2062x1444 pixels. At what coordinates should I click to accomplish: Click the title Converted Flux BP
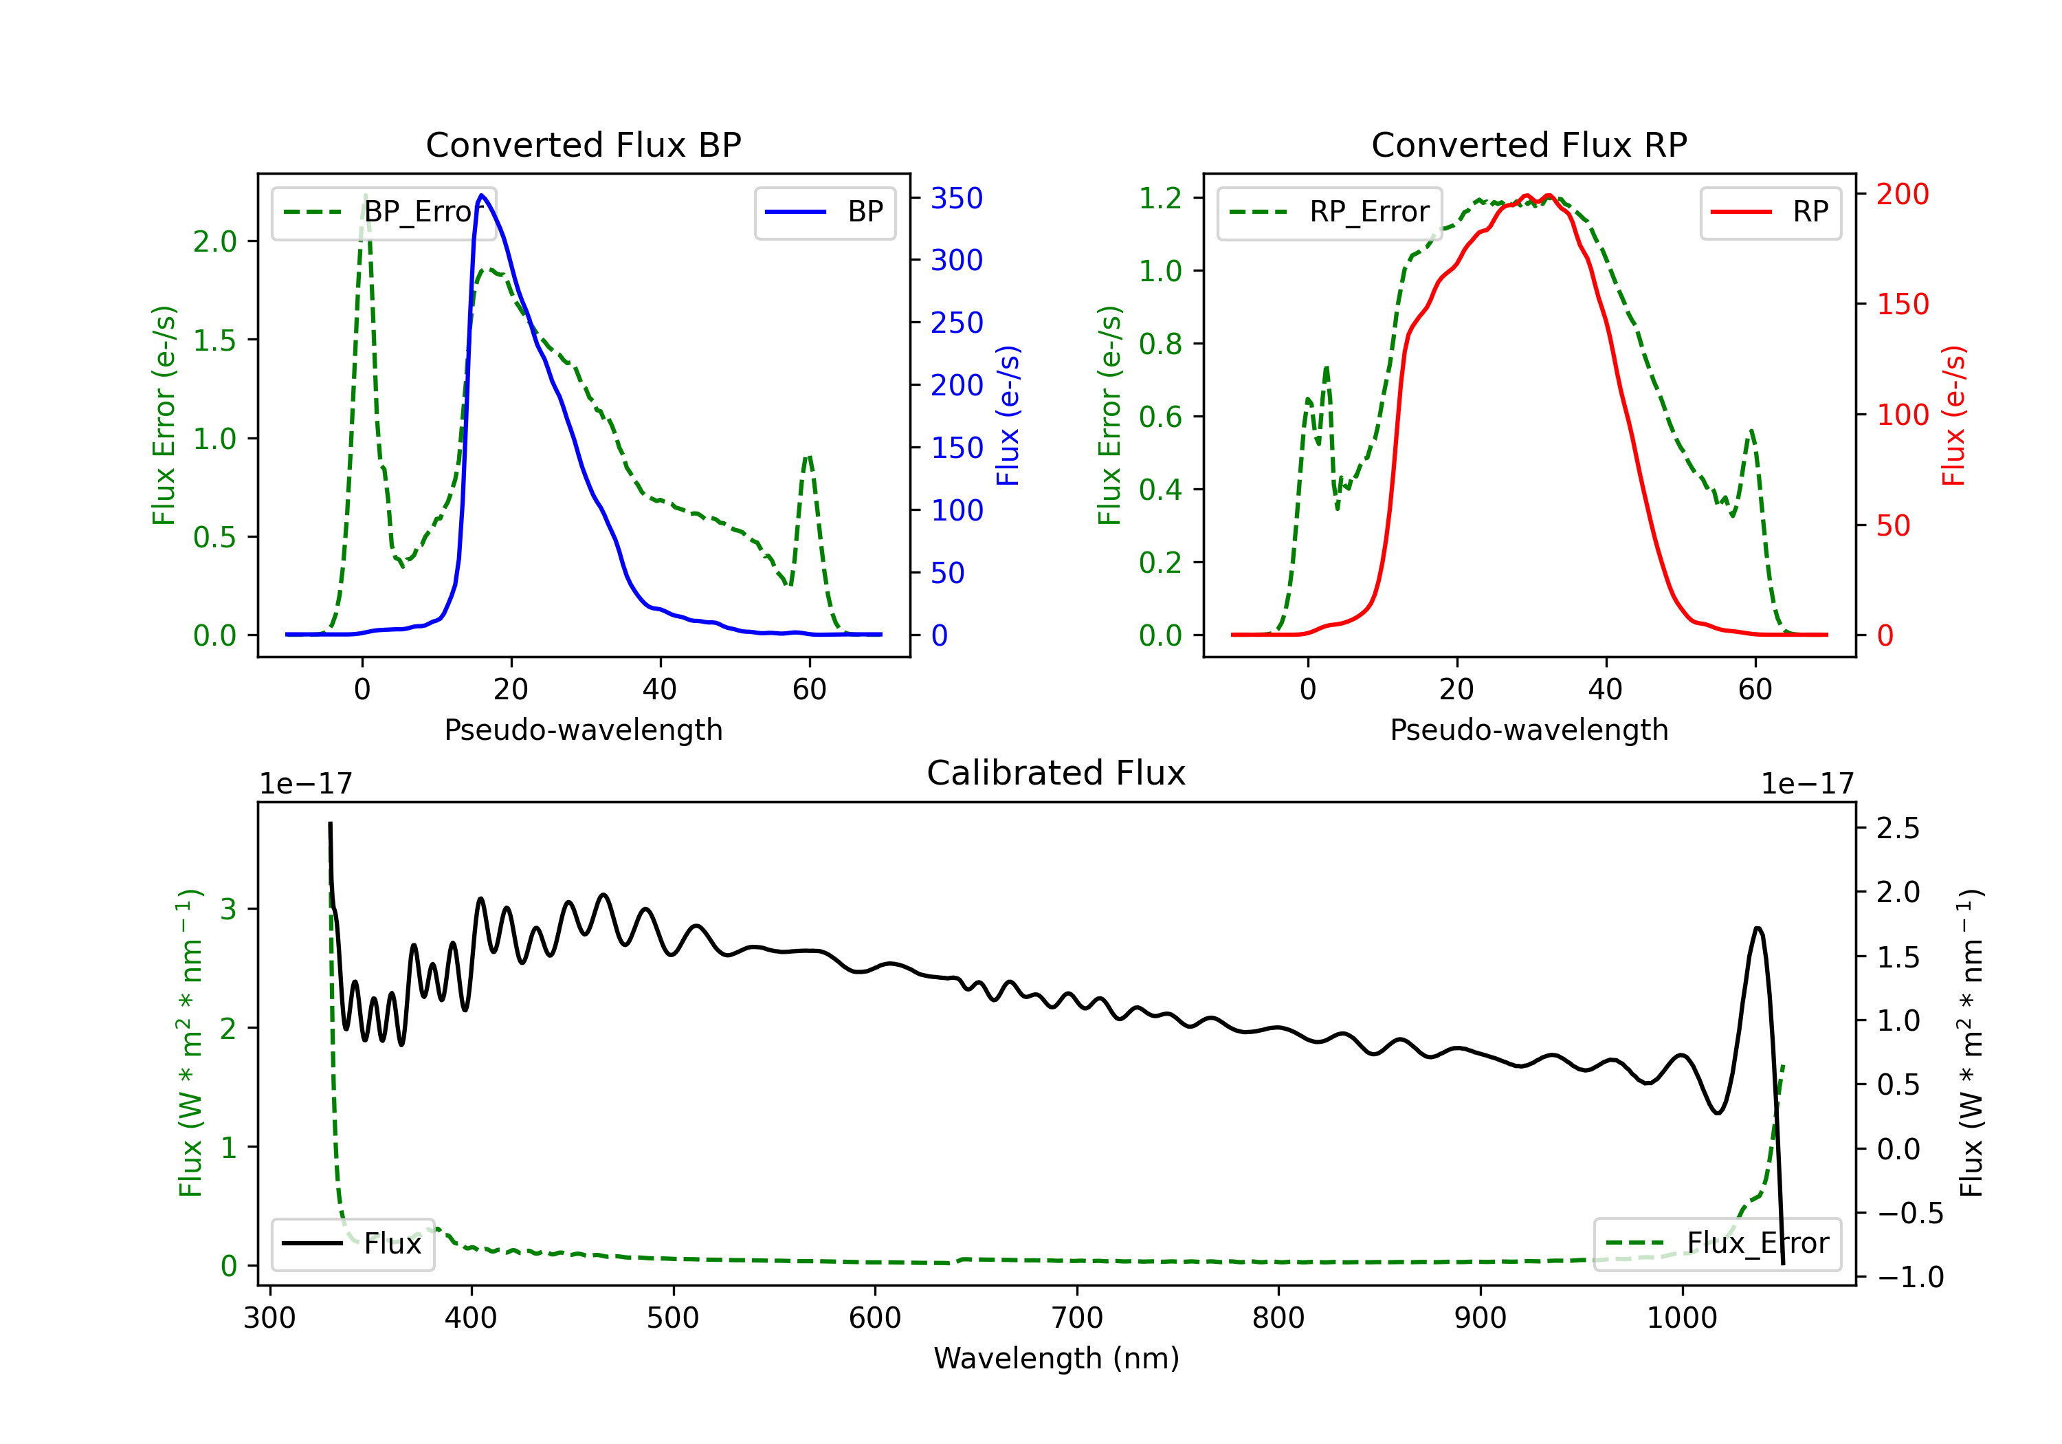coord(584,144)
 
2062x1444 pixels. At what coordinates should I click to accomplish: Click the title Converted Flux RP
coord(1529,144)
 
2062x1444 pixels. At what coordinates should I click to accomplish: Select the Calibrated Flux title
coord(1056,773)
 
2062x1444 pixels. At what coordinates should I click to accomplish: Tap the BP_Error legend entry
coord(384,212)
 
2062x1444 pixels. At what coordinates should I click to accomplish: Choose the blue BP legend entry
coord(824,212)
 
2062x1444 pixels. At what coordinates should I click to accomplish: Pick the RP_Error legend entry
coord(1329,212)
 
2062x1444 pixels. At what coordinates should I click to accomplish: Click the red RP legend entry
coord(1770,212)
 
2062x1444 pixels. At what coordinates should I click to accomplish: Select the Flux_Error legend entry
coord(1717,1244)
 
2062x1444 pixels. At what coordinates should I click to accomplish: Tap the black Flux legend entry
coord(352,1244)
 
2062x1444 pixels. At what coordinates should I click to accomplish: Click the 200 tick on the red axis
coord(1902,193)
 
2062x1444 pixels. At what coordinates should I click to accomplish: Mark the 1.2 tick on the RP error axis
coord(1160,197)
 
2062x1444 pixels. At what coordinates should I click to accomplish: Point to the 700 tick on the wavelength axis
coord(1077,1317)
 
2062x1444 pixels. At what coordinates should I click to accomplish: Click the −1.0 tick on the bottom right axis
coord(1910,1277)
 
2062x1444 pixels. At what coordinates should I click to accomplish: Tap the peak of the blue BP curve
coord(483,195)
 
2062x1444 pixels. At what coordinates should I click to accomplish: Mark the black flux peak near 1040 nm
coord(1758,928)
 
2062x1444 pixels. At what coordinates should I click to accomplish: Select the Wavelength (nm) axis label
coord(1056,1358)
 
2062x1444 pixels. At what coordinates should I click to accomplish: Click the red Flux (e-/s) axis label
coord(1953,416)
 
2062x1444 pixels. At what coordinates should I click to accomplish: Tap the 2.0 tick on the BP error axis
coord(214,241)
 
